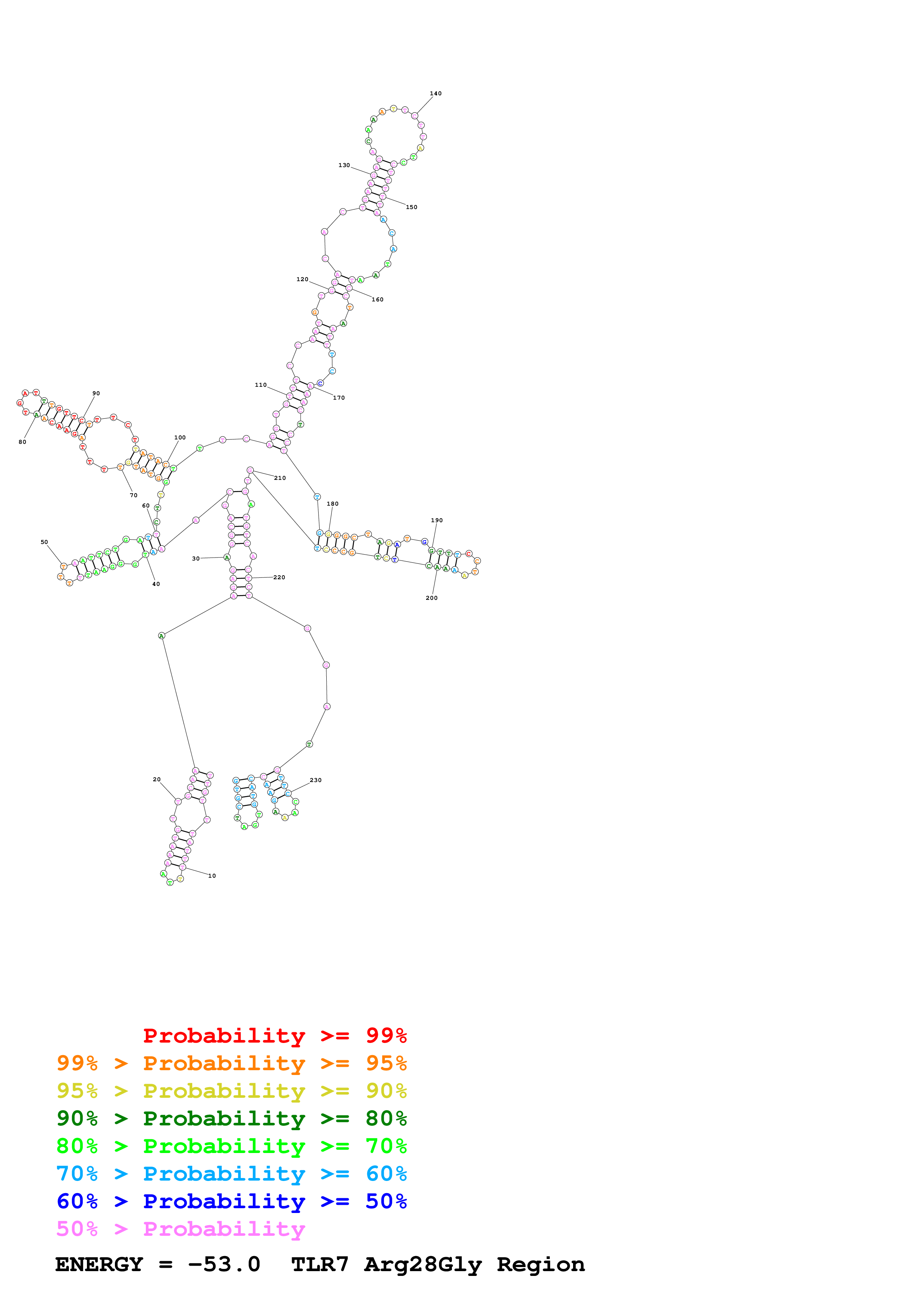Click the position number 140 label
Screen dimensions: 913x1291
pyautogui.click(x=435, y=93)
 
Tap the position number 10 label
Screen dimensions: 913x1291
pyautogui.click(x=212, y=876)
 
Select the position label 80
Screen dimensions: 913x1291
pyautogui.click(x=22, y=442)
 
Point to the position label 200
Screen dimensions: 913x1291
pyautogui.click(x=432, y=598)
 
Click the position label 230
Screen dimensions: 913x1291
pyautogui.click(x=316, y=780)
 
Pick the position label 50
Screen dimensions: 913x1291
pyautogui.click(x=45, y=542)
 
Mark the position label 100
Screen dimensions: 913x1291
pyautogui.click(x=180, y=438)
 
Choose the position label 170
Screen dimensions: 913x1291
pyautogui.click(x=339, y=397)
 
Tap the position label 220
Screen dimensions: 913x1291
pyautogui.click(x=279, y=577)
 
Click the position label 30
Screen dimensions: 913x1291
pyautogui.click(x=196, y=558)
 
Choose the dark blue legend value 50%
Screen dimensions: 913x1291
pyautogui.click(x=386, y=1201)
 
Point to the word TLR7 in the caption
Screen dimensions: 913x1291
pyautogui.click(x=320, y=1265)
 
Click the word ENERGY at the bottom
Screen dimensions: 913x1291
pyautogui.click(x=99, y=1265)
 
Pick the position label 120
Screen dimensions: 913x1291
pyautogui.click(x=303, y=279)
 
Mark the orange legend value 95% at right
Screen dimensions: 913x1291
pyautogui.click(x=386, y=1063)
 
